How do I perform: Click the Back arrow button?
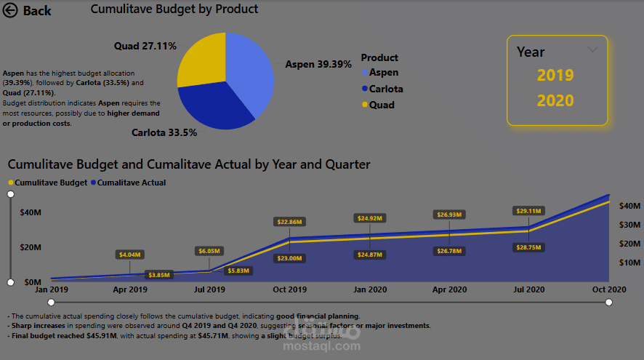tap(11, 11)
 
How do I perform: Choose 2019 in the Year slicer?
tap(555, 75)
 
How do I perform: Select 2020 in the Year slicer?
tap(555, 100)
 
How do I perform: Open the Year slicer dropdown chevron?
tap(592, 49)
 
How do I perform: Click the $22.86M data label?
tap(289, 221)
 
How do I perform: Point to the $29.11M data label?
tap(529, 211)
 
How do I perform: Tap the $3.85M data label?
tap(158, 275)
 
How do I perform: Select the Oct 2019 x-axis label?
tap(290, 289)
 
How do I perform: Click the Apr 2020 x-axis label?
tap(449, 289)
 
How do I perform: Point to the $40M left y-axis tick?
tap(30, 212)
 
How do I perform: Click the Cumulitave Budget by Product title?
tap(174, 9)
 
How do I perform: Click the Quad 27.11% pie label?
tap(145, 46)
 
